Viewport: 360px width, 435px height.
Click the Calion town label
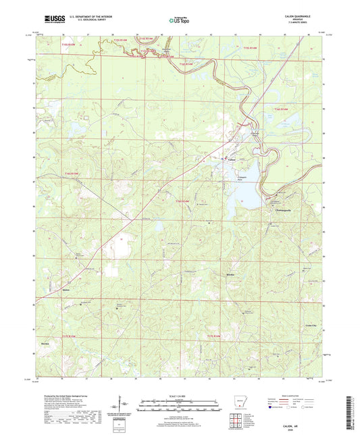(x=232, y=159)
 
